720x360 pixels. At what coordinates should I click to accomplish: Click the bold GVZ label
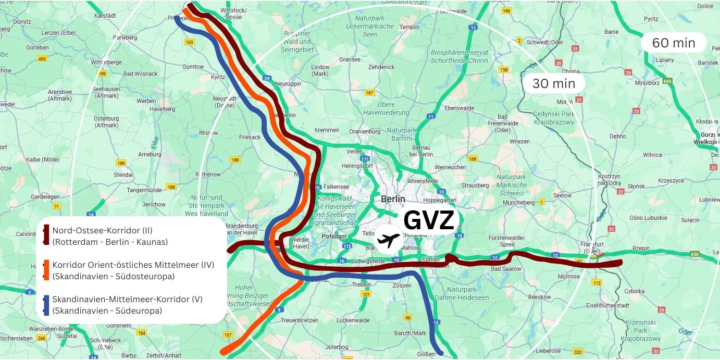pos(429,221)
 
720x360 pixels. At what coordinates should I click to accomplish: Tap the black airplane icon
pos(388,240)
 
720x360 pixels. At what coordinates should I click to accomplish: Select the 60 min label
pos(673,43)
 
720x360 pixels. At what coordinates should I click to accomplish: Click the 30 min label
pos(553,83)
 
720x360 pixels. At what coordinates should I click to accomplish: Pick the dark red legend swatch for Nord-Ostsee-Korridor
pos(46,236)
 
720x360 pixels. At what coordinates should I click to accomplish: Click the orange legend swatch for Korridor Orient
pos(46,270)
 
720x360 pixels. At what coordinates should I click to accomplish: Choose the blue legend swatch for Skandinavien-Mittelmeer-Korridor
pos(46,305)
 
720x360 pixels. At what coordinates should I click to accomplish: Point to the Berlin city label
pos(392,199)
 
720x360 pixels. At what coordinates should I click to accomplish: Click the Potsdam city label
pos(334,236)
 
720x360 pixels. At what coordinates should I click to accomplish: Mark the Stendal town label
pos(123,175)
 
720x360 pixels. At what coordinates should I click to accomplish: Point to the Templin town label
pos(409,27)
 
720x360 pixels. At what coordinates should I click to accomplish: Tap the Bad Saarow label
pos(505,269)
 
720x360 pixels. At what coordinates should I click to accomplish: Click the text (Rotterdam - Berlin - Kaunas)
pos(110,242)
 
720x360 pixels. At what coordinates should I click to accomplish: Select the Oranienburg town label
pos(365,131)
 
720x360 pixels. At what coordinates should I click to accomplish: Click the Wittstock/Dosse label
pos(233,14)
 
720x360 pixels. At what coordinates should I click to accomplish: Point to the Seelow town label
pos(562,195)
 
